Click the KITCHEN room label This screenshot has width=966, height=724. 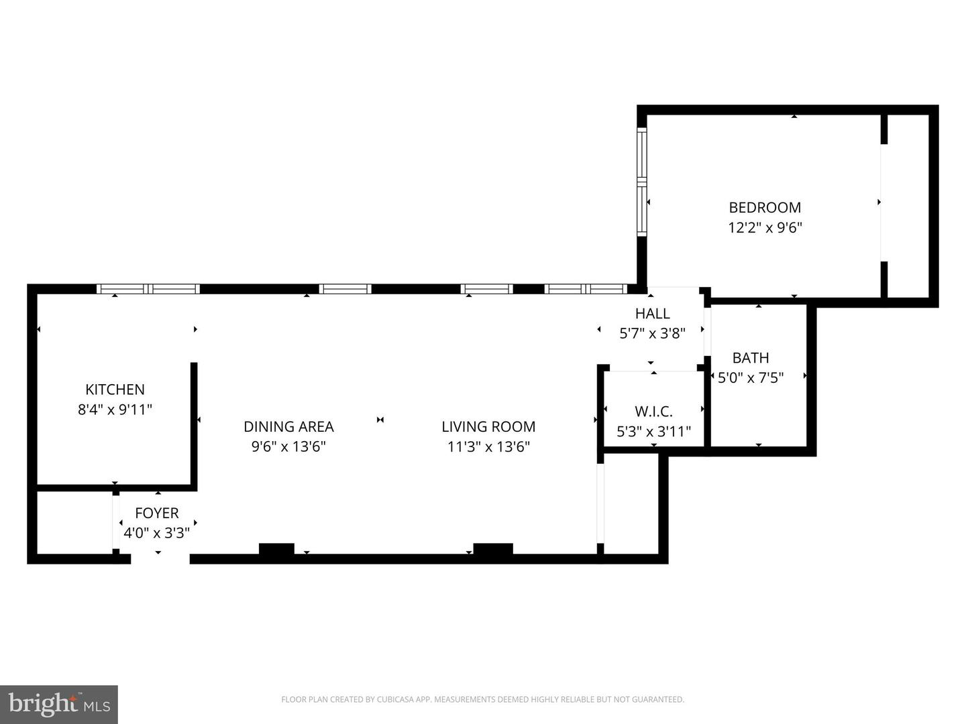[115, 389]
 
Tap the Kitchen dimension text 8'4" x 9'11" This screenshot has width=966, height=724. [115, 410]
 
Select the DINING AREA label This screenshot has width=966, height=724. [288, 427]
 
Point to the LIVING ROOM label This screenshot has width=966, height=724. [488, 427]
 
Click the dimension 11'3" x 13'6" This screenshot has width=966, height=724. [488, 446]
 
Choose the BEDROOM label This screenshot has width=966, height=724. [765, 208]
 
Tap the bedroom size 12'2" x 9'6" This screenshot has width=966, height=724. [765, 228]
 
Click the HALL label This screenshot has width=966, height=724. [652, 314]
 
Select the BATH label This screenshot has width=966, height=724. [750, 358]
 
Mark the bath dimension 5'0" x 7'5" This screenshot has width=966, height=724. [750, 378]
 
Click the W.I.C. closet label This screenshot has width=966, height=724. [653, 412]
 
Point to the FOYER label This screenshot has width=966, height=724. [156, 514]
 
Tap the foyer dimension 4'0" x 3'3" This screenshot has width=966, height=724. [156, 534]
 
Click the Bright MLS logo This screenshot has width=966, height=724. [59, 704]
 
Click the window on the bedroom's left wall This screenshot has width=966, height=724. [642, 182]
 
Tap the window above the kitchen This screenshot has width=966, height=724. [148, 289]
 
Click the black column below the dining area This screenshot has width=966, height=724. [276, 549]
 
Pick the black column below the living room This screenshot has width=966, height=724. [493, 549]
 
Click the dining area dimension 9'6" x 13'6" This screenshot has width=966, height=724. [288, 446]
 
